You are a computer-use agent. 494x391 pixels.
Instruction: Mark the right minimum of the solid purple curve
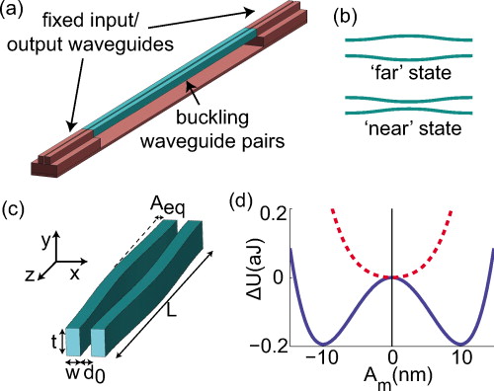point(452,342)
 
